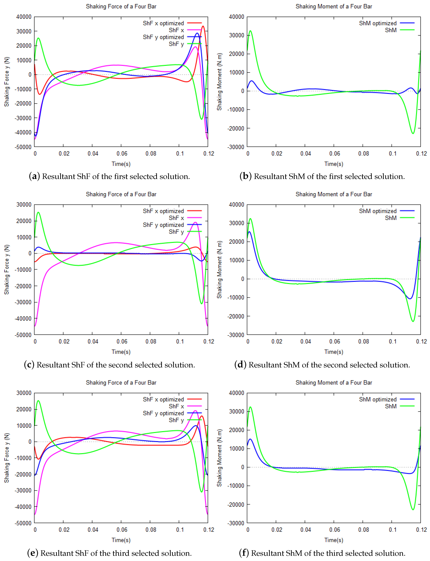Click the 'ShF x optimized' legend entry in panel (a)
163,23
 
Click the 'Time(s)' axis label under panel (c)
121,352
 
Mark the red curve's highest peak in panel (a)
203,26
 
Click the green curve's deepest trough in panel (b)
413,133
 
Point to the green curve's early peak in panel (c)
38,212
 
